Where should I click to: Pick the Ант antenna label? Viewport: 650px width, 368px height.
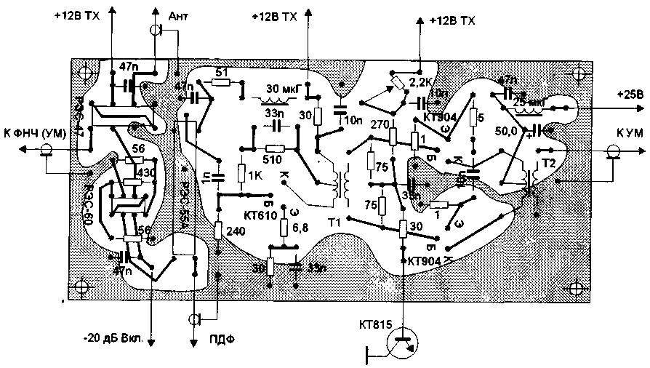178,16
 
